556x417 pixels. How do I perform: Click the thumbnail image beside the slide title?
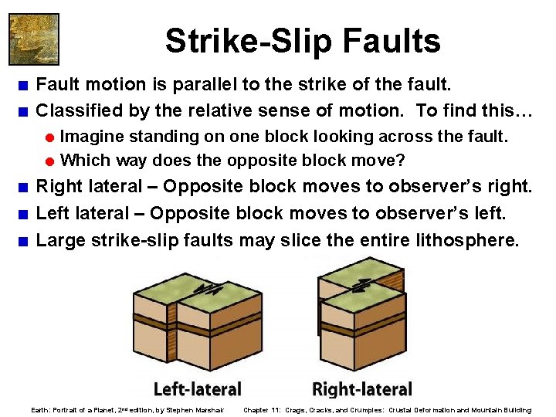[x=33, y=39]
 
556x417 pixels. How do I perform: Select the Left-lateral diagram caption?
[x=198, y=389]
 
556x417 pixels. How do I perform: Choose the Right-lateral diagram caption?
[x=361, y=389]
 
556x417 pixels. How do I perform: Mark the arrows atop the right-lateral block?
[x=360, y=284]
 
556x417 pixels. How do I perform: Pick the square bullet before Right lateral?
[x=25, y=187]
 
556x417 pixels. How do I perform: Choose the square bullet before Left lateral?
[x=25, y=214]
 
